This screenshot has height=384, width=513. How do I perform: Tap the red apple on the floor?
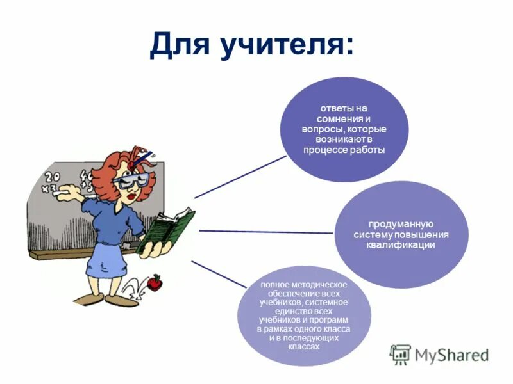tap(154, 282)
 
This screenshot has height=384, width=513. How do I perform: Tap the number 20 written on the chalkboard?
tap(53, 175)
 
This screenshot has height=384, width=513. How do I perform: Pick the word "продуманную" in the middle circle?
tap(401, 224)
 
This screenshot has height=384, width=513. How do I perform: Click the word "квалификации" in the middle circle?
tap(401, 244)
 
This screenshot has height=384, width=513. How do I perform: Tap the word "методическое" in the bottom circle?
tap(321, 284)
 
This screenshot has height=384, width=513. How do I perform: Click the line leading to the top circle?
tap(240, 177)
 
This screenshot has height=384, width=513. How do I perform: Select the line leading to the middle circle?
tap(266, 231)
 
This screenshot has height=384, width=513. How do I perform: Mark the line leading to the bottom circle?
tap(218, 274)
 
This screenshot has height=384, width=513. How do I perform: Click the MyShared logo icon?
tap(400, 354)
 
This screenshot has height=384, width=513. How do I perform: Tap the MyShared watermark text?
tap(451, 355)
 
